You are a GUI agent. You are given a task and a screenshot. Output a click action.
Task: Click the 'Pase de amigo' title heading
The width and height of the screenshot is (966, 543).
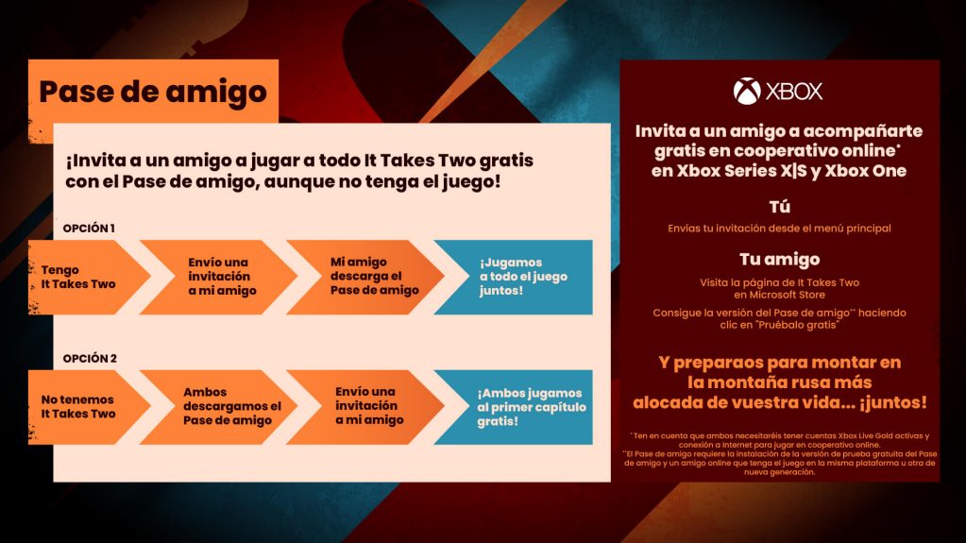point(153,92)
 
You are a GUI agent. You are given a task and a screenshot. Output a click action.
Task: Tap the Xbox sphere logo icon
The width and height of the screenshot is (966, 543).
point(747,92)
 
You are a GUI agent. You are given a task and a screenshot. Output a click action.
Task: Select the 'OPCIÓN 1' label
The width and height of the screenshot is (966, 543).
point(89,229)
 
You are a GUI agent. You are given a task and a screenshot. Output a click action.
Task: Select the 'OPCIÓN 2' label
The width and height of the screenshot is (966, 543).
point(89,359)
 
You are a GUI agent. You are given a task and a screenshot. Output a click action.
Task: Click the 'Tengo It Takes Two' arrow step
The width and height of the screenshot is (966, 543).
point(79,277)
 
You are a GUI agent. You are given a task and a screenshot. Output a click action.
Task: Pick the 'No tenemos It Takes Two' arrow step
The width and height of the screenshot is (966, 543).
point(79,407)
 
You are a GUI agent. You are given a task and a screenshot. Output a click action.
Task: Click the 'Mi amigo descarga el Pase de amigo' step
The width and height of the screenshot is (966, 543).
point(363,277)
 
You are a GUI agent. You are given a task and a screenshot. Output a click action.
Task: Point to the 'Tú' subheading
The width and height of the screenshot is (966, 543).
point(779,207)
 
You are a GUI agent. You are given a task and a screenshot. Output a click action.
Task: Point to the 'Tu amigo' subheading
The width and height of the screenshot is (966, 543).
point(779,259)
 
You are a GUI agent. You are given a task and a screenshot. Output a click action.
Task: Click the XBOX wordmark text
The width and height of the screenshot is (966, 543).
point(793,92)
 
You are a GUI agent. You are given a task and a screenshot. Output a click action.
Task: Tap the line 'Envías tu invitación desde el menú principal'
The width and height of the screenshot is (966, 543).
point(779,228)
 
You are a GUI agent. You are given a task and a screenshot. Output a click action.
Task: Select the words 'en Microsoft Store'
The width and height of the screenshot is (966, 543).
point(779,295)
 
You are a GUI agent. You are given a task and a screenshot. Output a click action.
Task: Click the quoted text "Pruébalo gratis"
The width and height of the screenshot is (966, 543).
point(807,325)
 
